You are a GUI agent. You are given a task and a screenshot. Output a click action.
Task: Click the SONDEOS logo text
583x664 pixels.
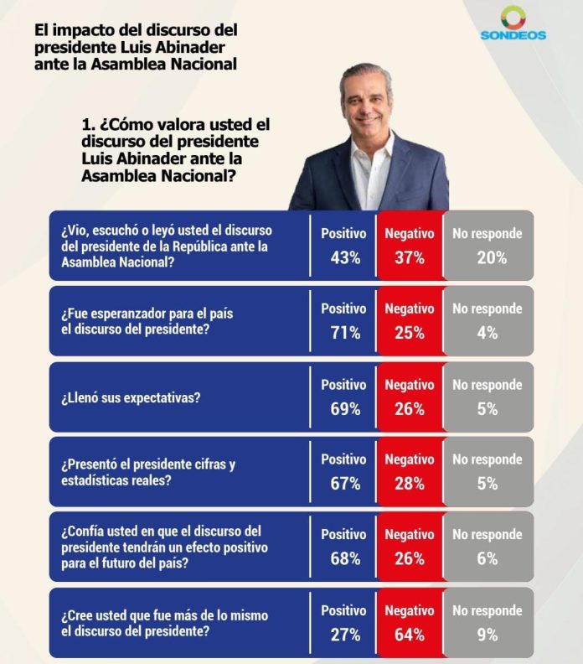click(x=513, y=35)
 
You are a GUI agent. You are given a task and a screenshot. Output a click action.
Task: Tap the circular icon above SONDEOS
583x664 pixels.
click(x=513, y=18)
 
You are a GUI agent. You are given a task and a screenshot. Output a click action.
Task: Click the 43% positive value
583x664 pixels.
click(x=344, y=258)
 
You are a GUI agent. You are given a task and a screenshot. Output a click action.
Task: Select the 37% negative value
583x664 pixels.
click(x=410, y=258)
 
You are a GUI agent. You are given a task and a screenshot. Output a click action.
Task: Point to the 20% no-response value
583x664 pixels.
click(x=488, y=258)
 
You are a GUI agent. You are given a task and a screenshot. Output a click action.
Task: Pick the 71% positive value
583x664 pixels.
click(x=344, y=333)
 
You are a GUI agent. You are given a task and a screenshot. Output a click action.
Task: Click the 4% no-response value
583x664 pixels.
click(x=488, y=333)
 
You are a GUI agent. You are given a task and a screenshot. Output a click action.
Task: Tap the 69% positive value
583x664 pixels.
click(x=344, y=409)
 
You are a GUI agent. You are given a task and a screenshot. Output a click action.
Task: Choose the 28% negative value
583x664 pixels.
click(x=410, y=484)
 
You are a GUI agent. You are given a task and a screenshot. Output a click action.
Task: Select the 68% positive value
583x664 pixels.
click(x=344, y=558)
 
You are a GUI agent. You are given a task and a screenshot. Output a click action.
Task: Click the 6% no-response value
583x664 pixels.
click(x=488, y=558)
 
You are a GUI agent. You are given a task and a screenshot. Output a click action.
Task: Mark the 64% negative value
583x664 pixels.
click(x=410, y=635)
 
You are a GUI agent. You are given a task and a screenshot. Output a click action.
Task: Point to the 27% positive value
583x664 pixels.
click(x=344, y=635)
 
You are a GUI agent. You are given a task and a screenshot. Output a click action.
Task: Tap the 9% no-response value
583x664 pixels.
click(x=488, y=635)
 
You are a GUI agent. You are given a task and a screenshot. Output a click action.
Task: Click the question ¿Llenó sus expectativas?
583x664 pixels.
click(x=131, y=397)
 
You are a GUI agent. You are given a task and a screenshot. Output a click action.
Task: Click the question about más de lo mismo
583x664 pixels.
click(x=164, y=623)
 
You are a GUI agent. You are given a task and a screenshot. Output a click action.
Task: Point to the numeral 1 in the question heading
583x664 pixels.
click(x=87, y=123)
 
